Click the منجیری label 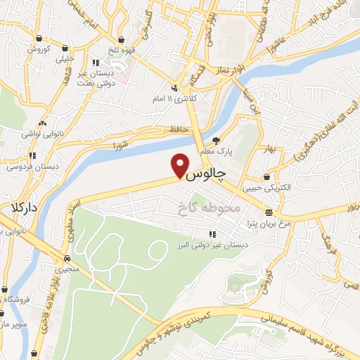[69, 269]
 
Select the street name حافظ [176, 129]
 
